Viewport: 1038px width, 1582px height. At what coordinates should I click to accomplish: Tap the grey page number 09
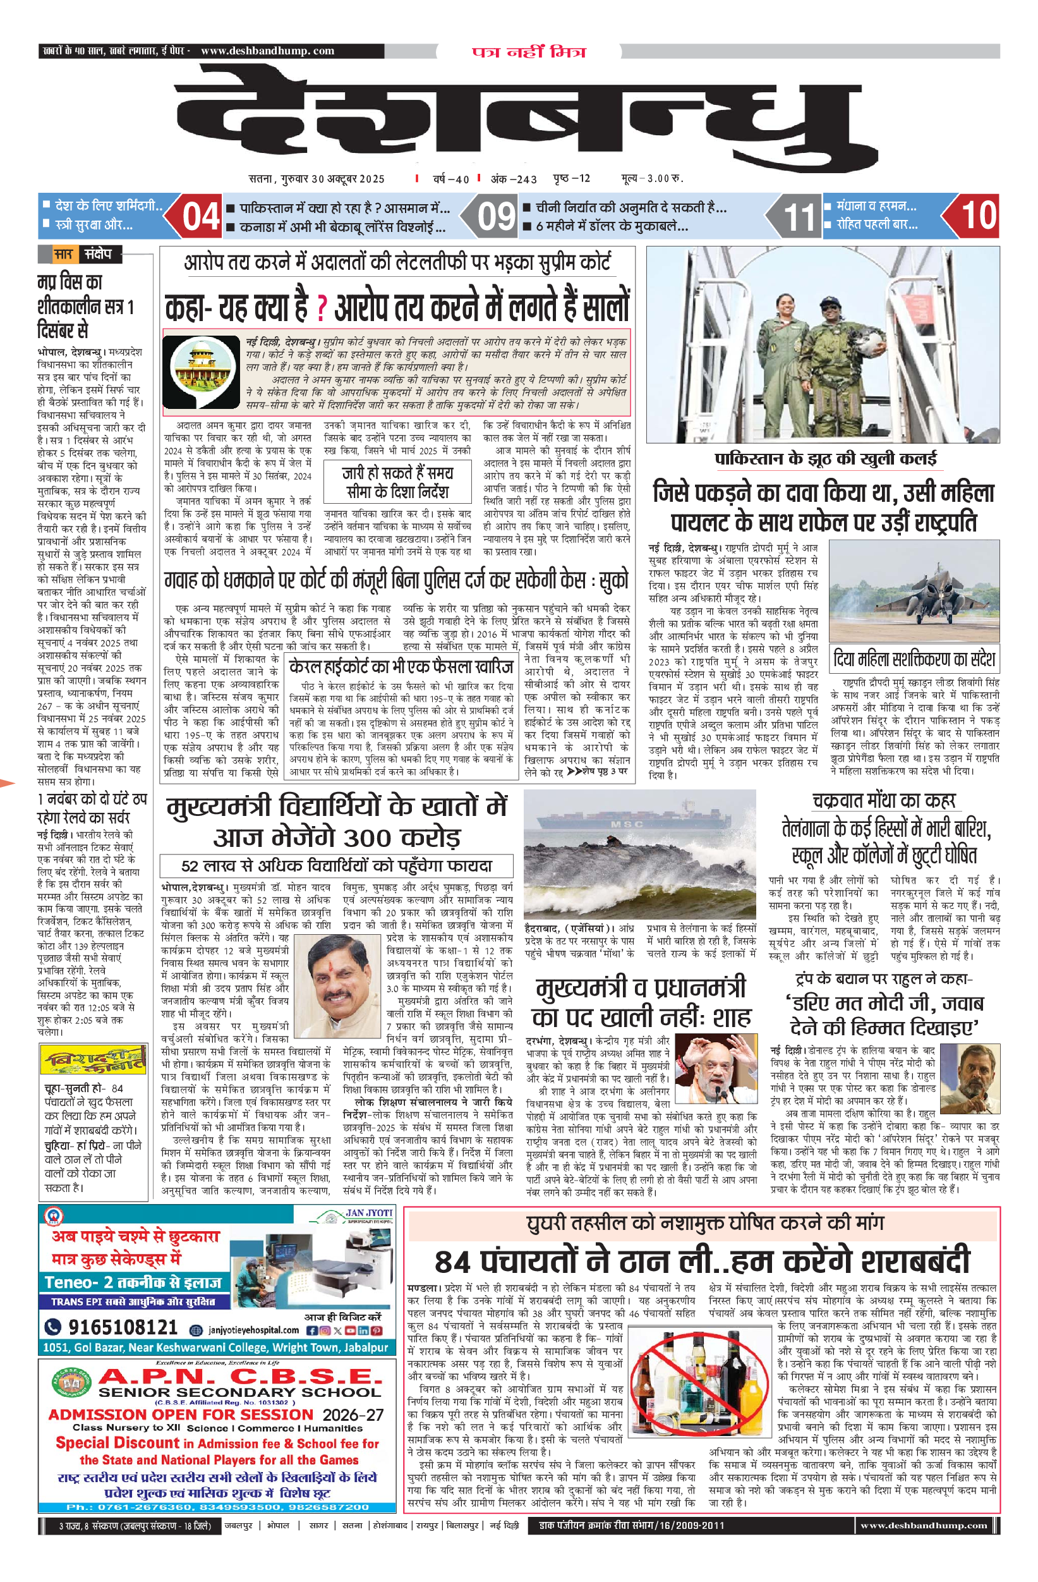point(496,217)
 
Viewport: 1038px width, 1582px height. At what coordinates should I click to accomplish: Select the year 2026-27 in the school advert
point(353,1415)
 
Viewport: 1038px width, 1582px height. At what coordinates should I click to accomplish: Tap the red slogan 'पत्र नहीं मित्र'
point(529,52)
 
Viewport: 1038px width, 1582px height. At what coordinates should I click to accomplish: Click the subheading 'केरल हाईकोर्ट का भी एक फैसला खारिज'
point(401,667)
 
